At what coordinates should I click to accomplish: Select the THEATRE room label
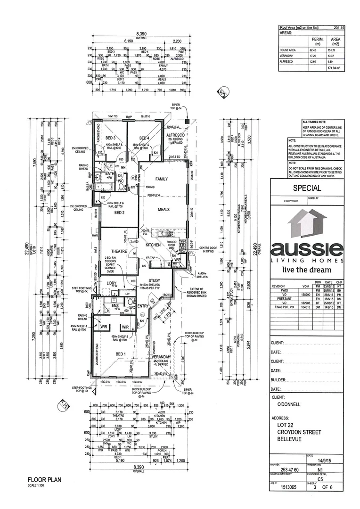pyautogui.click(x=120, y=252)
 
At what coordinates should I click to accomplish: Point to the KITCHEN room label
pyautogui.click(x=154, y=246)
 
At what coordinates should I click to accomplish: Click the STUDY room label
pyautogui.click(x=155, y=281)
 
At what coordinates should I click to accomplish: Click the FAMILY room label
pyautogui.click(x=162, y=179)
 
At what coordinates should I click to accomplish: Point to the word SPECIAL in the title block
pyautogui.click(x=307, y=188)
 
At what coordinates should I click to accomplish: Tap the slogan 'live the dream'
pyautogui.click(x=306, y=270)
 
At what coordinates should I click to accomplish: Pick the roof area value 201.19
pyautogui.click(x=339, y=28)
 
